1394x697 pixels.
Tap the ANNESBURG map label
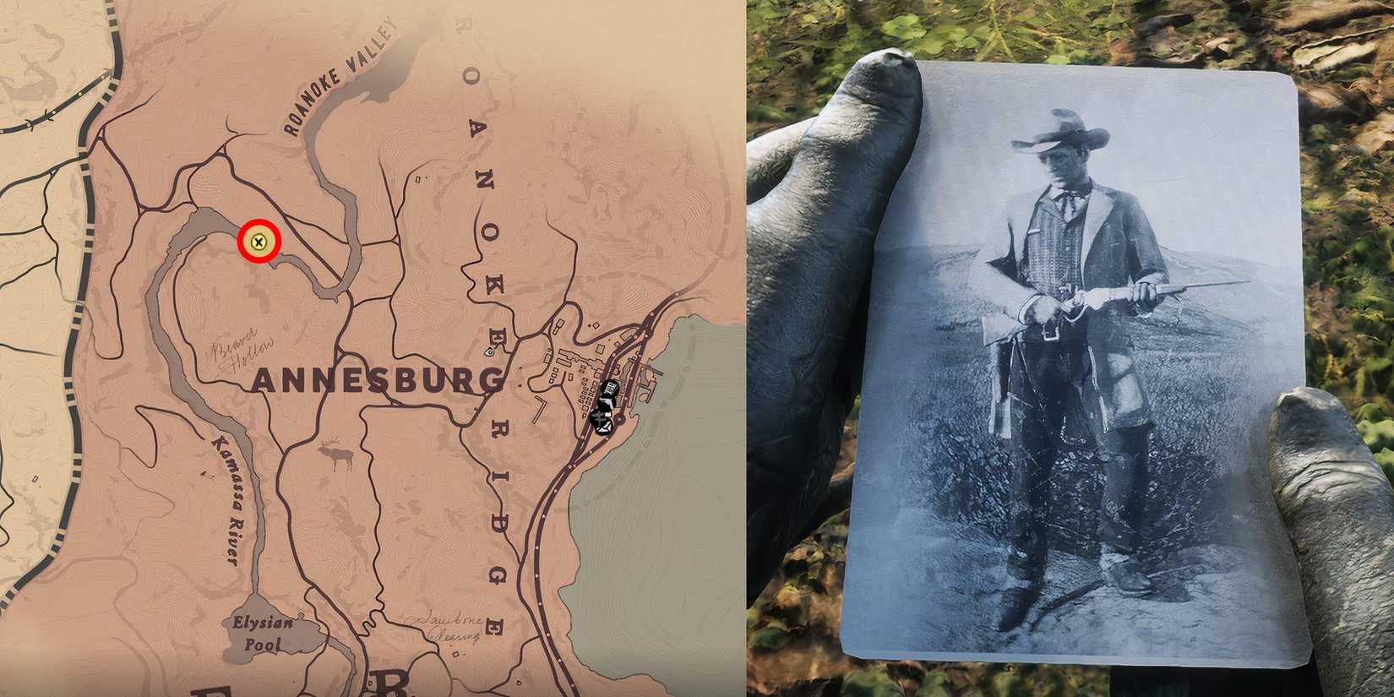[377, 381]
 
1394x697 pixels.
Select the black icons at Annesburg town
[606, 406]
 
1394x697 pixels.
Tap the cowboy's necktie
[1070, 204]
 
